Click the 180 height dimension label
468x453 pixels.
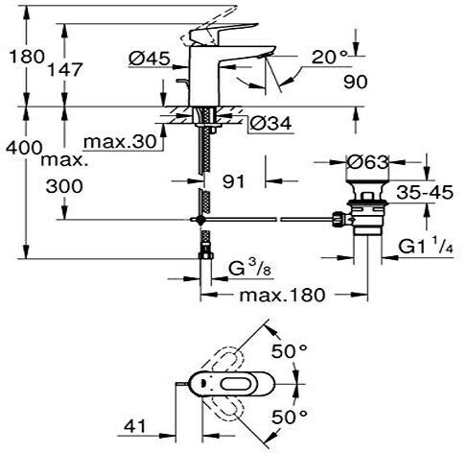(x=27, y=57)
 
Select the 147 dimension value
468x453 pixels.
(x=65, y=69)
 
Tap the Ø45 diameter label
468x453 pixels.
(x=150, y=59)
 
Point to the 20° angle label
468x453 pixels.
(x=329, y=57)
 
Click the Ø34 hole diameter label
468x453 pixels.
(x=270, y=123)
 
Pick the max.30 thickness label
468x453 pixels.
(x=120, y=142)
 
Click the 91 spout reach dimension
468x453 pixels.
(x=233, y=181)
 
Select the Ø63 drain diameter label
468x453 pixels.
(x=368, y=162)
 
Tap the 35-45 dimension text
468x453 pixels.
(x=425, y=193)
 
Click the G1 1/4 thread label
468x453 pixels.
(x=426, y=247)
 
